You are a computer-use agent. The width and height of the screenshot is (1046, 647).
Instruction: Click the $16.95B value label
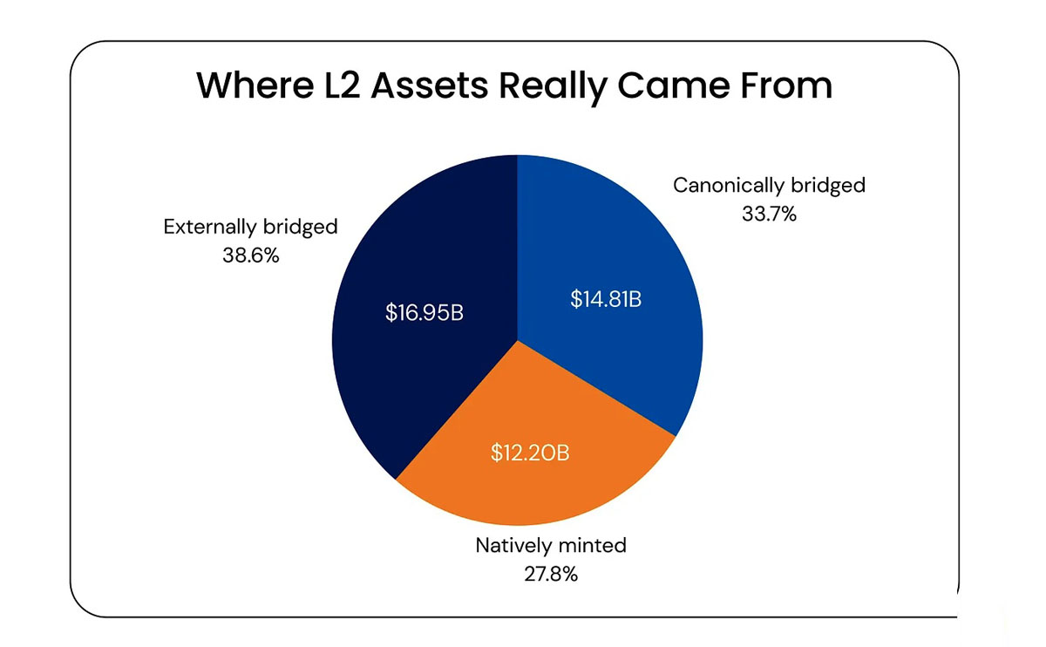424,312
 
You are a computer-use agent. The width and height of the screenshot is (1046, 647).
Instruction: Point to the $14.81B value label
606,299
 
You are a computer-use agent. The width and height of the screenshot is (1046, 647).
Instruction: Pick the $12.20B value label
533,453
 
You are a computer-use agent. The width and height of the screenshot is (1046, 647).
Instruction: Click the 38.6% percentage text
250,256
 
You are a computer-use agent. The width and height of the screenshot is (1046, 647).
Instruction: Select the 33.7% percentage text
769,214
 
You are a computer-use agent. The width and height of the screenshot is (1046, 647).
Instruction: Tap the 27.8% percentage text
551,575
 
